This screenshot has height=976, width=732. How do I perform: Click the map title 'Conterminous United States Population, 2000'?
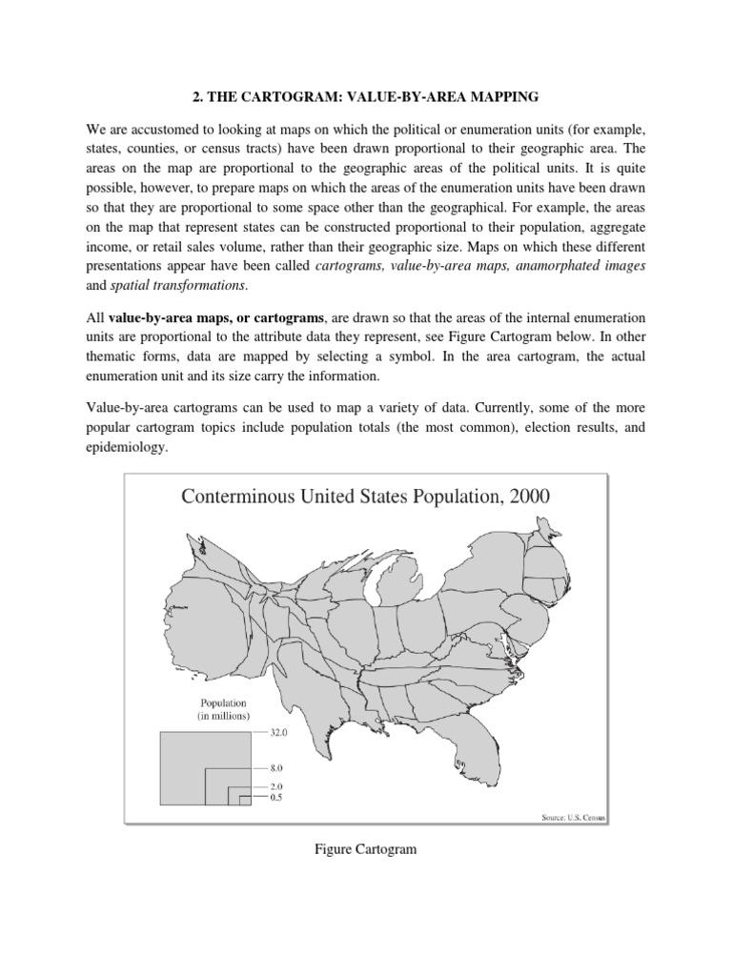click(x=365, y=497)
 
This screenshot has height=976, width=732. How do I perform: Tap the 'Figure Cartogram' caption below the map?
click(x=366, y=849)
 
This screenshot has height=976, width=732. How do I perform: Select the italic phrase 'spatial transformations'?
click(x=190, y=285)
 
